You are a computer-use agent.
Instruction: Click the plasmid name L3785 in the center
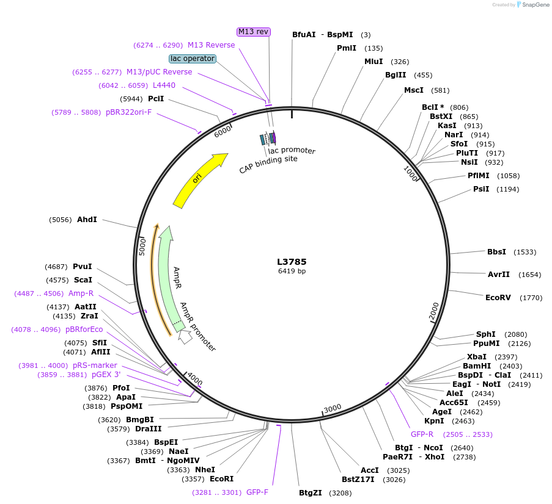pyautogui.click(x=292, y=261)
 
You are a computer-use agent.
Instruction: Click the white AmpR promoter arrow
pyautogui.click(x=185, y=336)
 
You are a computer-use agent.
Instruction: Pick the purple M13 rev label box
pyautogui.click(x=254, y=32)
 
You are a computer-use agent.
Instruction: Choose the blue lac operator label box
pyautogui.click(x=193, y=59)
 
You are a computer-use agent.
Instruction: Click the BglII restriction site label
pyautogui.click(x=396, y=75)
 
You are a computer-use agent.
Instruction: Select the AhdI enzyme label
pyautogui.click(x=87, y=220)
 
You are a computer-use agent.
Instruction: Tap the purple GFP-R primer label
pyautogui.click(x=422, y=434)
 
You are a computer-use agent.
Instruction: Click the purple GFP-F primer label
pyautogui.click(x=257, y=492)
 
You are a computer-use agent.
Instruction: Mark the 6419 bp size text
pyautogui.click(x=292, y=271)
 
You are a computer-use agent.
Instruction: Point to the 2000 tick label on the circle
pyautogui.click(x=434, y=311)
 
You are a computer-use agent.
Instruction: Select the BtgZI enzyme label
pyautogui.click(x=311, y=493)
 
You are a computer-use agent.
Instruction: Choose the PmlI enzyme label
pyautogui.click(x=347, y=48)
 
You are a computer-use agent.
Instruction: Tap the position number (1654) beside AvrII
pyautogui.click(x=529, y=275)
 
